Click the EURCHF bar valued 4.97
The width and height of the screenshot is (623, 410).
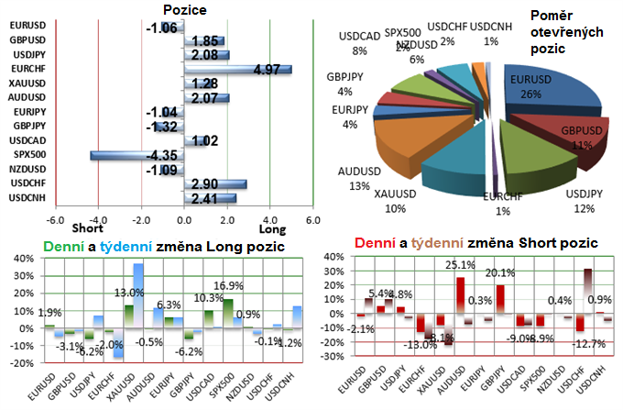[x=238, y=69]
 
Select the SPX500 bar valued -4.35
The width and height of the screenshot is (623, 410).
[x=137, y=154]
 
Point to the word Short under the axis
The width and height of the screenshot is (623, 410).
[x=88, y=229]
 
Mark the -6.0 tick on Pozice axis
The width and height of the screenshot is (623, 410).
[x=55, y=220]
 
